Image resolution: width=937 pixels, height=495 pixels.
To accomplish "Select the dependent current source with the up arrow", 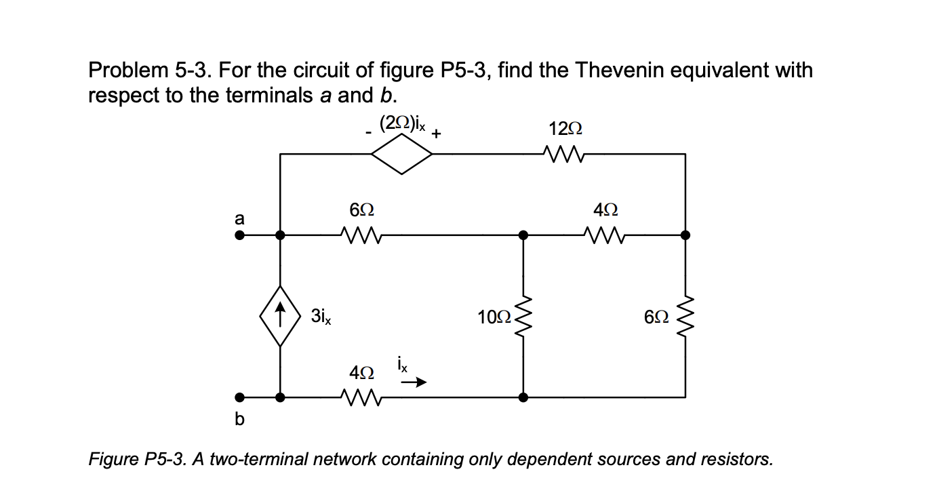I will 281,317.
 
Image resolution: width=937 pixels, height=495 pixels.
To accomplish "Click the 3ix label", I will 320,315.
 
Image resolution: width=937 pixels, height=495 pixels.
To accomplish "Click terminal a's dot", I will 239,235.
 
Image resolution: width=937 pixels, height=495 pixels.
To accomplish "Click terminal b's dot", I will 239,397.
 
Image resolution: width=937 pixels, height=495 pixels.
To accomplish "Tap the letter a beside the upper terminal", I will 238,218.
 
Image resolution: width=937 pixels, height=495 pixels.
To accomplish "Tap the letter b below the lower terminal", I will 238,420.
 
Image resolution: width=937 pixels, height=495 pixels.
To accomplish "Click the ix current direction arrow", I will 414,383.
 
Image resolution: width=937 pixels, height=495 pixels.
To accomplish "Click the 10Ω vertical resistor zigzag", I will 521,317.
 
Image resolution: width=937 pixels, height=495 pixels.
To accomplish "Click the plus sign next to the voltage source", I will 437,134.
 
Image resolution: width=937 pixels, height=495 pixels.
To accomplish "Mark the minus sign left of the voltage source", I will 367,134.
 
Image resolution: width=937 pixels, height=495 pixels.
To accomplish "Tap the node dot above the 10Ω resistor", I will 522,235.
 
